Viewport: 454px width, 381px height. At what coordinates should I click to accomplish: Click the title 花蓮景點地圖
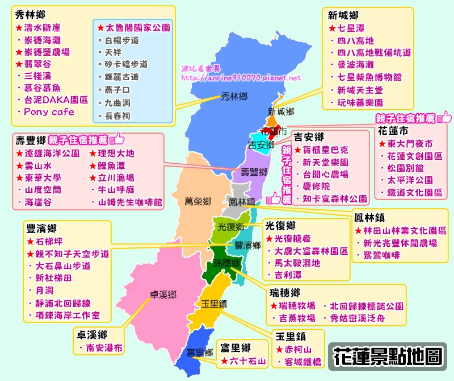pyautogui.click(x=388, y=356)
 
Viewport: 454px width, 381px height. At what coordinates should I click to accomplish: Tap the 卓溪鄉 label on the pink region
pyautogui.click(x=163, y=295)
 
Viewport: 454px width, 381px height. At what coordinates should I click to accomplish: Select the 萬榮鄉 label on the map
pyautogui.click(x=198, y=201)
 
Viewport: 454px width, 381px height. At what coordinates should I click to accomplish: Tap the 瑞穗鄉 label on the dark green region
pyautogui.click(x=226, y=263)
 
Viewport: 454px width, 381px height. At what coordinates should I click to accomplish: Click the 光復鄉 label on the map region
pyautogui.click(x=231, y=226)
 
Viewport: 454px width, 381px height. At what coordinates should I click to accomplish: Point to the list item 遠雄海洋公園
pyautogui.click(x=52, y=153)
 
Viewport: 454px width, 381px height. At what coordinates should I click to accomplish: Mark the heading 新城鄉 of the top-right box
pyautogui.click(x=344, y=15)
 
